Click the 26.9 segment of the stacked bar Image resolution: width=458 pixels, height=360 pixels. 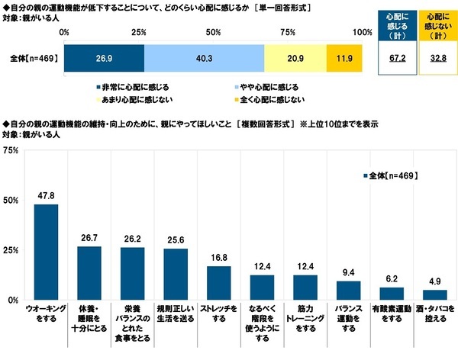[103, 58]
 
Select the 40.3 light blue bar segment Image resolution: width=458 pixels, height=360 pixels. [204, 58]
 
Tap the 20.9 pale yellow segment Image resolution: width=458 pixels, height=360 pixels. [295, 58]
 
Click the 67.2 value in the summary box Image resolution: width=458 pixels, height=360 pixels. [397, 58]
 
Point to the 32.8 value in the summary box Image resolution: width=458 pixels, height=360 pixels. [436, 58]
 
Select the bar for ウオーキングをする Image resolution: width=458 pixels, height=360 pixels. [47, 252]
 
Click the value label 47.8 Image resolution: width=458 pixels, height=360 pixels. [47, 197]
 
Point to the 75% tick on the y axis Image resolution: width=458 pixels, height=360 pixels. [13, 150]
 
